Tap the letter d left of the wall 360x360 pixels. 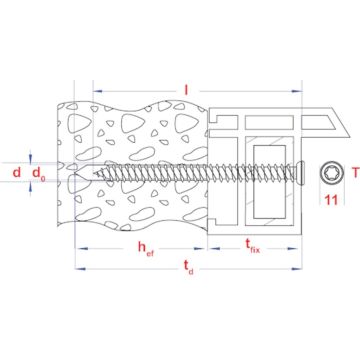pyautogui.click(x=17, y=172)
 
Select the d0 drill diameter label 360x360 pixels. pyautogui.click(x=39, y=174)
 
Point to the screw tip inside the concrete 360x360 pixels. pyautogui.click(x=94, y=172)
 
